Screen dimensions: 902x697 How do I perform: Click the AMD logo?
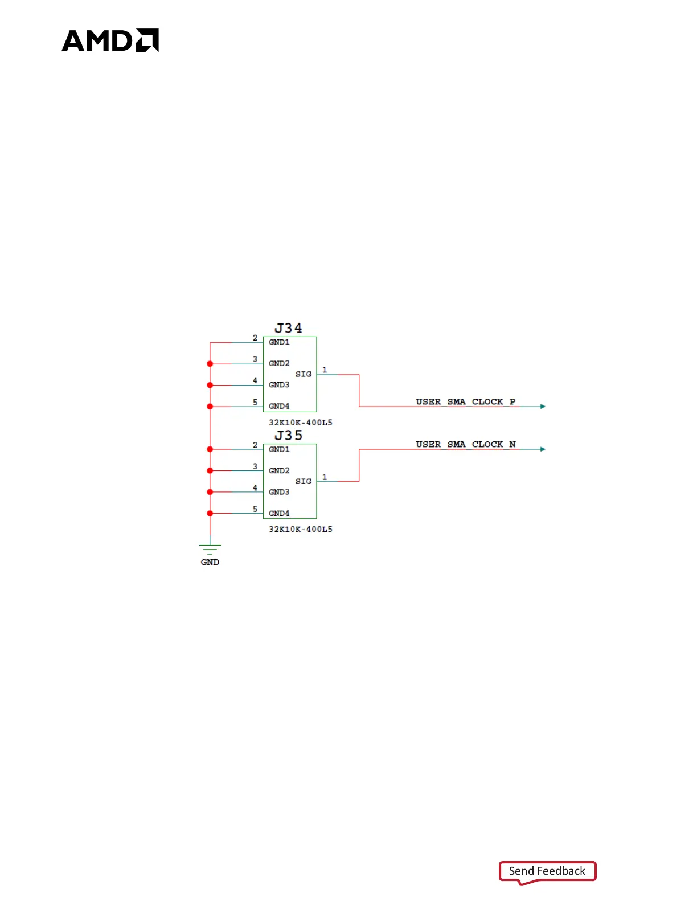(x=110, y=40)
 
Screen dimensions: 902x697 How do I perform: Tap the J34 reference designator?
(x=288, y=328)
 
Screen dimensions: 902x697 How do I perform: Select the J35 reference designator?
(x=288, y=435)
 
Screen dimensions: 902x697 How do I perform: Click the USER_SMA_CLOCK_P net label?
(x=465, y=401)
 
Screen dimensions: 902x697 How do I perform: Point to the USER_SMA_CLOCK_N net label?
(x=465, y=444)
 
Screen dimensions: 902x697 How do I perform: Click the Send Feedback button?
(x=547, y=871)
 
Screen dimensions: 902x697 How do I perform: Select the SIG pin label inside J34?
(x=304, y=374)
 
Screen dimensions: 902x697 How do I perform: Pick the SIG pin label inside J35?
(x=304, y=481)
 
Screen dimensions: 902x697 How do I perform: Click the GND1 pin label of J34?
(x=279, y=342)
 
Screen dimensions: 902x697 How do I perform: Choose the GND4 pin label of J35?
(x=279, y=513)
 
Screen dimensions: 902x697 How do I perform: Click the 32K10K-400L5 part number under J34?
(x=301, y=423)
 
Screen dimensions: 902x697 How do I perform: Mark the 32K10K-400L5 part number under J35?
(x=301, y=529)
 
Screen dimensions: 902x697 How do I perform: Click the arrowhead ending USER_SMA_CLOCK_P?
(x=543, y=407)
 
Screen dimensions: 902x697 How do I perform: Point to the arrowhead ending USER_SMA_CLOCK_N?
(x=543, y=449)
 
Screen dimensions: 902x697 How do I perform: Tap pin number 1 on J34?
(x=325, y=370)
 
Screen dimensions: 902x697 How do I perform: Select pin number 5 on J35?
(x=255, y=509)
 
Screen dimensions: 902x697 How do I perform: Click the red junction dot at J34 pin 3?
(x=210, y=364)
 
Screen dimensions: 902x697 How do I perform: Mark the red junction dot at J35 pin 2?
(x=210, y=449)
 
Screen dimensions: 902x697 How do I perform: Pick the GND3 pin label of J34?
(x=279, y=385)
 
